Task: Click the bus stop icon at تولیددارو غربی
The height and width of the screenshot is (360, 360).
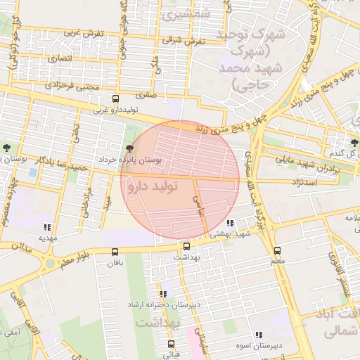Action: click(116, 99)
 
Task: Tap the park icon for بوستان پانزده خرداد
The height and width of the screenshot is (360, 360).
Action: click(129, 148)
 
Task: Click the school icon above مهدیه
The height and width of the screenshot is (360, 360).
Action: click(47, 227)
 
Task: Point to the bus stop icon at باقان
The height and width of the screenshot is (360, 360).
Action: click(115, 251)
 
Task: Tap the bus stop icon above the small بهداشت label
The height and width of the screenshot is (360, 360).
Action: click(186, 247)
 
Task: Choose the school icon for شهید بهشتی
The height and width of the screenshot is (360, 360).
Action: click(231, 223)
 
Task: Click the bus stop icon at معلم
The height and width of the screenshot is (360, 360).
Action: click(277, 250)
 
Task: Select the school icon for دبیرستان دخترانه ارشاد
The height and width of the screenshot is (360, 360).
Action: click(163, 294)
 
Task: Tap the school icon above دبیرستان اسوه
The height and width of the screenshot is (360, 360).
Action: click(259, 335)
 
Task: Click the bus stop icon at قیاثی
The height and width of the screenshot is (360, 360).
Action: click(171, 344)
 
